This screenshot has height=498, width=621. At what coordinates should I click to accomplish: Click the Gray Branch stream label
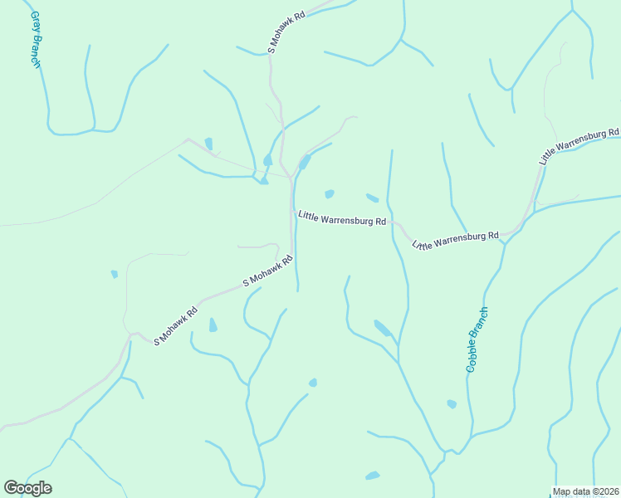[x=36, y=39]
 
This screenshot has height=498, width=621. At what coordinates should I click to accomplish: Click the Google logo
[x=27, y=488]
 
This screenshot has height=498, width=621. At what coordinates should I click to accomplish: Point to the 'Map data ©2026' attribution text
[x=584, y=491]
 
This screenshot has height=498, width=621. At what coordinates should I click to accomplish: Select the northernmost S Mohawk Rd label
[x=287, y=32]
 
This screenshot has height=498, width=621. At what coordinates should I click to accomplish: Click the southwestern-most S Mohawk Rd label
[x=176, y=326]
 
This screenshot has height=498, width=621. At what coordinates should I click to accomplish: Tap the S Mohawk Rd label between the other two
[x=268, y=271]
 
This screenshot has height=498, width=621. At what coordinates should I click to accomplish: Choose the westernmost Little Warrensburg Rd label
[x=342, y=219]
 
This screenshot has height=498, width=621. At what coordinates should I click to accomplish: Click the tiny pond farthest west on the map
[x=115, y=274]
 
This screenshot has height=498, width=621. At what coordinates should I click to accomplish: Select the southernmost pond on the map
[x=373, y=476]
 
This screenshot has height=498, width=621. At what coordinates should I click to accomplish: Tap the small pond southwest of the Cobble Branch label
[x=452, y=404]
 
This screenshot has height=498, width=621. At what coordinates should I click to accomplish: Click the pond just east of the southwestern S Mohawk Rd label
[x=213, y=325]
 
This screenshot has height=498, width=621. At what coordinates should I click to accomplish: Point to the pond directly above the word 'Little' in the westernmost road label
[x=330, y=194]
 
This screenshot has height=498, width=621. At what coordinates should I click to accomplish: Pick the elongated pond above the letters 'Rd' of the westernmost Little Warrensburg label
[x=372, y=198]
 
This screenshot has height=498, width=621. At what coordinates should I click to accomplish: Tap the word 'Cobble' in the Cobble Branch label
[x=472, y=355]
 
